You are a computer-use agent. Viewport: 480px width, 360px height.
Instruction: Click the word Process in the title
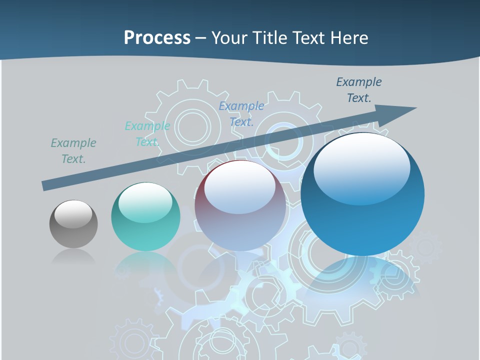[x=157, y=37]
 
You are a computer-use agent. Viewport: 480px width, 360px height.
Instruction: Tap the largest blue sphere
[x=362, y=200]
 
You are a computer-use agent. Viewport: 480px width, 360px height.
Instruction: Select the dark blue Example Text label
[x=358, y=90]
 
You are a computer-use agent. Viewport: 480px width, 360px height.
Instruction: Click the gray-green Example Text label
[x=73, y=151]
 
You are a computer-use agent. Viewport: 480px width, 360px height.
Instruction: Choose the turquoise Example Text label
[x=147, y=134]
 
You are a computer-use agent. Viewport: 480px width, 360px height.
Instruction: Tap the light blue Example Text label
[x=241, y=113]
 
